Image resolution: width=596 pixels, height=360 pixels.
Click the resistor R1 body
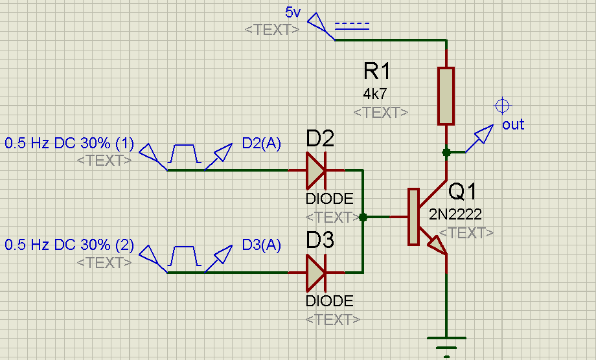tap(446, 96)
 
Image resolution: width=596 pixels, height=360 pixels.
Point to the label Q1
tap(462, 192)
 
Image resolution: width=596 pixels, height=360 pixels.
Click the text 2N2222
tap(455, 214)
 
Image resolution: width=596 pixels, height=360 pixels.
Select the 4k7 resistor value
tap(375, 94)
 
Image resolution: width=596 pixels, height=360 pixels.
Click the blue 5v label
tap(293, 12)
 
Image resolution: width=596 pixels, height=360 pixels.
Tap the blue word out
tap(513, 124)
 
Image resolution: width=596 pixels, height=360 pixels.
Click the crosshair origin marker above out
tap(501, 106)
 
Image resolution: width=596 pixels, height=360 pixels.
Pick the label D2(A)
tap(261, 143)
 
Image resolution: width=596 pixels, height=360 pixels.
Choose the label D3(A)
tap(261, 245)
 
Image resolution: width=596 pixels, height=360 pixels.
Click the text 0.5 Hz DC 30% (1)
tap(69, 142)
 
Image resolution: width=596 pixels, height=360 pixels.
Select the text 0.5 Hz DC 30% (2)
tap(69, 245)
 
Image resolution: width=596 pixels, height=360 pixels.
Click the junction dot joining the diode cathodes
tap(363, 218)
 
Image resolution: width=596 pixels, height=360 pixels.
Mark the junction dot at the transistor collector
tap(446, 152)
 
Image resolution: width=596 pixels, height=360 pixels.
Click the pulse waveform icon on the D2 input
tap(184, 155)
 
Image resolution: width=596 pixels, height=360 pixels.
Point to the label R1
tap(378, 71)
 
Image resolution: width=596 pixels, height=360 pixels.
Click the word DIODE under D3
tap(330, 301)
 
